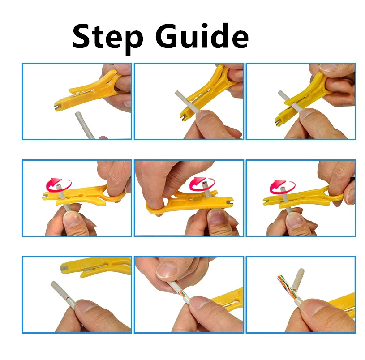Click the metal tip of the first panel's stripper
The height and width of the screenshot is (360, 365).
pyautogui.click(x=58, y=108)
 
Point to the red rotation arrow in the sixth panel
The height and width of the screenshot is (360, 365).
pyautogui.click(x=280, y=184)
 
